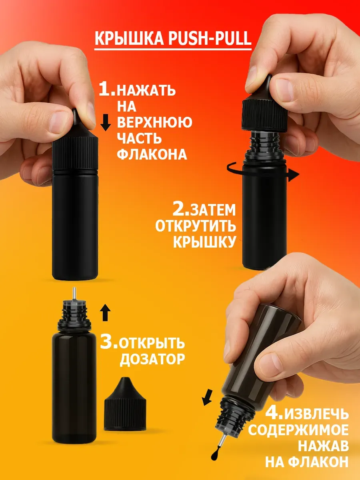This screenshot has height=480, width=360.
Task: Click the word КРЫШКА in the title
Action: [129, 38]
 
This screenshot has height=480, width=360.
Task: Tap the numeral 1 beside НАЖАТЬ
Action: [107, 89]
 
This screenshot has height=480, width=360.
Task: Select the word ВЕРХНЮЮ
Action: [154, 122]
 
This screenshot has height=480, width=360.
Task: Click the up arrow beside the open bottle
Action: [105, 312]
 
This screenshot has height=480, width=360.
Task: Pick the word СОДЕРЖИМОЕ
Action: [298, 430]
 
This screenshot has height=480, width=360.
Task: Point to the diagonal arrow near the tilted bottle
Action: [207, 397]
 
